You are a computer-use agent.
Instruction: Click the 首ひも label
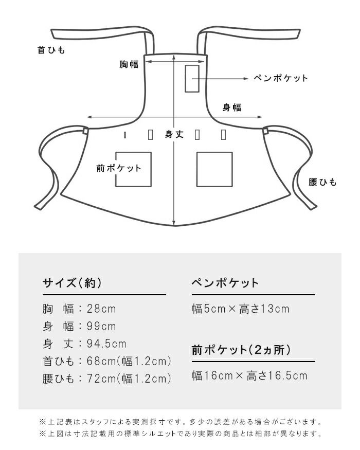point(51,50)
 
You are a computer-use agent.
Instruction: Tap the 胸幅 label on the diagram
point(129,64)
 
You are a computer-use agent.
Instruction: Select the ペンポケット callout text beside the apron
point(281,78)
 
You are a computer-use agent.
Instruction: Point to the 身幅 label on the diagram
point(232,107)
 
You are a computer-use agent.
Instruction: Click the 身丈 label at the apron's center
point(174,134)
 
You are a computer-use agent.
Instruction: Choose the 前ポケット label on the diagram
point(119,168)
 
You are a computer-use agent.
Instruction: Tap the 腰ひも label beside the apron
point(322,182)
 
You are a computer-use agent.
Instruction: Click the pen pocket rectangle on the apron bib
point(192,79)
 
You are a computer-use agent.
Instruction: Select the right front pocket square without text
point(214,169)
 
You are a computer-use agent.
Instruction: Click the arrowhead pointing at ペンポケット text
point(246,78)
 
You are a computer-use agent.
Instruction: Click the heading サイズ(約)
point(72,283)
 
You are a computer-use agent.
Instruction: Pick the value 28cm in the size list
point(101,309)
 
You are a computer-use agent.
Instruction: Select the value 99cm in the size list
point(101,326)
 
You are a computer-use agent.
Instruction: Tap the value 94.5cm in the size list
point(106,344)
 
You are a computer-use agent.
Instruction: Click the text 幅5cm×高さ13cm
point(241,309)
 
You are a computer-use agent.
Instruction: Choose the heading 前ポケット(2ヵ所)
point(241,350)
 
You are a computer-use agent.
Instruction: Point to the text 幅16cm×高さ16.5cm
point(249,375)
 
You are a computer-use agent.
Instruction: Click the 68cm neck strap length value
point(101,361)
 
